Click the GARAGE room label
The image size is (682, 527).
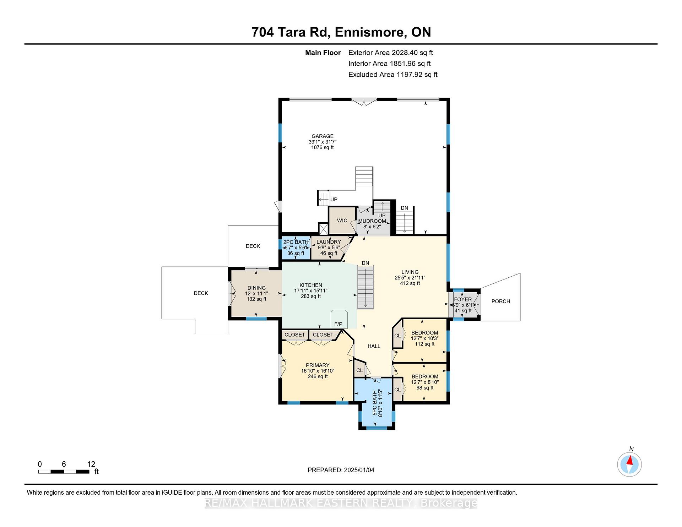323,136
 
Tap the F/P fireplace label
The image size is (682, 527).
338,324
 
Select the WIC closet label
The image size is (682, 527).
342,221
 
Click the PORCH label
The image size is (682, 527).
500,301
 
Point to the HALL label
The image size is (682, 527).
374,346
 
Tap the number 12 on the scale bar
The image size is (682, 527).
91,464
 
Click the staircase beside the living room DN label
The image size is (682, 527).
366,287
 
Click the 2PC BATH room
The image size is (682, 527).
296,248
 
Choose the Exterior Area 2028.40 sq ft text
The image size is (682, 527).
391,53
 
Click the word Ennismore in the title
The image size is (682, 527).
370,32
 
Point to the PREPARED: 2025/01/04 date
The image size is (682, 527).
341,470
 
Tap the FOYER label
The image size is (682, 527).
463,299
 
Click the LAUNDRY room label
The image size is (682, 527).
329,242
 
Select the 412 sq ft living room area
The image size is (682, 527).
410,283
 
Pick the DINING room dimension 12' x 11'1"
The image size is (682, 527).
256,294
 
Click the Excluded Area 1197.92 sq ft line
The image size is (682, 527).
393,75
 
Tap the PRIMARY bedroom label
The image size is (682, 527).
318,365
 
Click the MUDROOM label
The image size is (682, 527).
372,221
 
